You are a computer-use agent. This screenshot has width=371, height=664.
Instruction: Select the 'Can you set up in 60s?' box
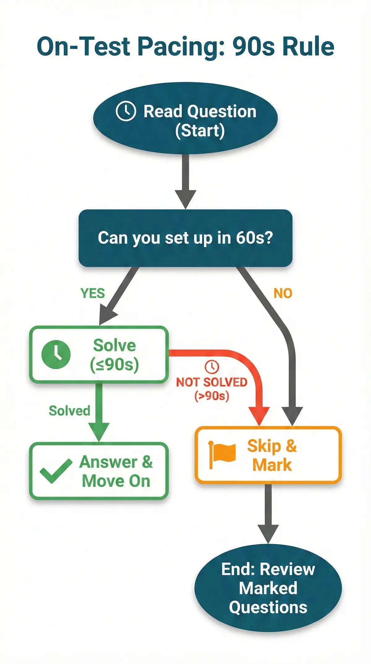[185, 238]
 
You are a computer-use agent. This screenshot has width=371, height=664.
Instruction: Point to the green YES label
[92, 293]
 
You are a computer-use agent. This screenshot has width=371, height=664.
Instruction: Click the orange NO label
[283, 293]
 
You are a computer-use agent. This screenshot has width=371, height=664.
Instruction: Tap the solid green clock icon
[56, 355]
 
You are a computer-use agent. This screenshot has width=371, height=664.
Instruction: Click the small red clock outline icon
[212, 367]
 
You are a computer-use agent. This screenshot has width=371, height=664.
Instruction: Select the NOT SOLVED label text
[211, 382]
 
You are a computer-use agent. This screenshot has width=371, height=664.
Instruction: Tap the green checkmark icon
[56, 471]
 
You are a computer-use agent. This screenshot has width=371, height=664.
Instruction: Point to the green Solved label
[69, 411]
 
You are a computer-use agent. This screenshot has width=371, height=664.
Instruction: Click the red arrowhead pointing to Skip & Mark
[259, 416]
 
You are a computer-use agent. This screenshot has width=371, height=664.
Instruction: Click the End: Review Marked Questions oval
[268, 588]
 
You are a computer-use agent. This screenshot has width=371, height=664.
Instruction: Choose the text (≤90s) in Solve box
[114, 365]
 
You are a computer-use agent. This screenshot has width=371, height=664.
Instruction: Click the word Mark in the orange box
[272, 465]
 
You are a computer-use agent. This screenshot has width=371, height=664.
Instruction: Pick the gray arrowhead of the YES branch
[106, 314]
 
